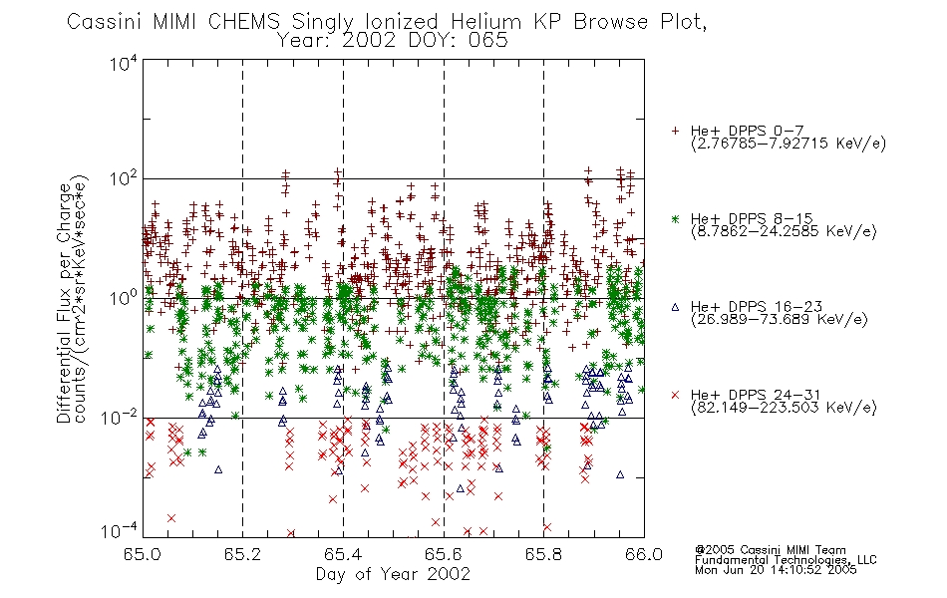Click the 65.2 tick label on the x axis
[243, 554]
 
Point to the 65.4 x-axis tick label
[343, 554]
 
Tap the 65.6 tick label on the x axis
[444, 554]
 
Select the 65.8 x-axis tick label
[543, 554]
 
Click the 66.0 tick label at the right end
[644, 554]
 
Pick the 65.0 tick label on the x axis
[143, 554]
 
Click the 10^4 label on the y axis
[124, 64]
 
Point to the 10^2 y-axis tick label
[124, 179]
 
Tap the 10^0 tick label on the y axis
[124, 298]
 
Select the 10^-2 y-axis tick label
[120, 417]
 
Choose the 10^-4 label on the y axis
[120, 531]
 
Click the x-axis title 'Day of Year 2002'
[393, 574]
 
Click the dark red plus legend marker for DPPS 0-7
[675, 131]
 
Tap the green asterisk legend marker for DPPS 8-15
[675, 218]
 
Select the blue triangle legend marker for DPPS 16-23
[675, 307]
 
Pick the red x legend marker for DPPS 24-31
[675, 395]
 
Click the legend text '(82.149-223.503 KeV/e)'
[784, 408]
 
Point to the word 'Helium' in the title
[485, 22]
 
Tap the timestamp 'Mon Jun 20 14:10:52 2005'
[776, 570]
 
